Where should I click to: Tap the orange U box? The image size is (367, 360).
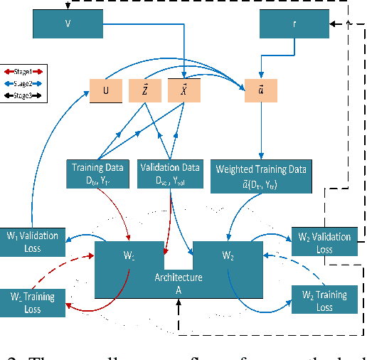click(105, 91)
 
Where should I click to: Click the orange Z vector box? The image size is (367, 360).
click(144, 91)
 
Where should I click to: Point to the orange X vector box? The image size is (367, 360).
click(184, 91)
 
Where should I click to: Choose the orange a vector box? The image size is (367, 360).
click(261, 91)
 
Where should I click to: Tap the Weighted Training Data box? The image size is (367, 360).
click(262, 174)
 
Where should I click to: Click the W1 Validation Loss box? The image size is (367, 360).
click(34, 241)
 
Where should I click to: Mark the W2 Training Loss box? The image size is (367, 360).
click(324, 300)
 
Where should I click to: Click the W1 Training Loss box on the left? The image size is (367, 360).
click(34, 300)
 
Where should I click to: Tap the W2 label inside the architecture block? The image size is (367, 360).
click(228, 255)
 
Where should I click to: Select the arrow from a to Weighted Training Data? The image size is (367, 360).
click(261, 132)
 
